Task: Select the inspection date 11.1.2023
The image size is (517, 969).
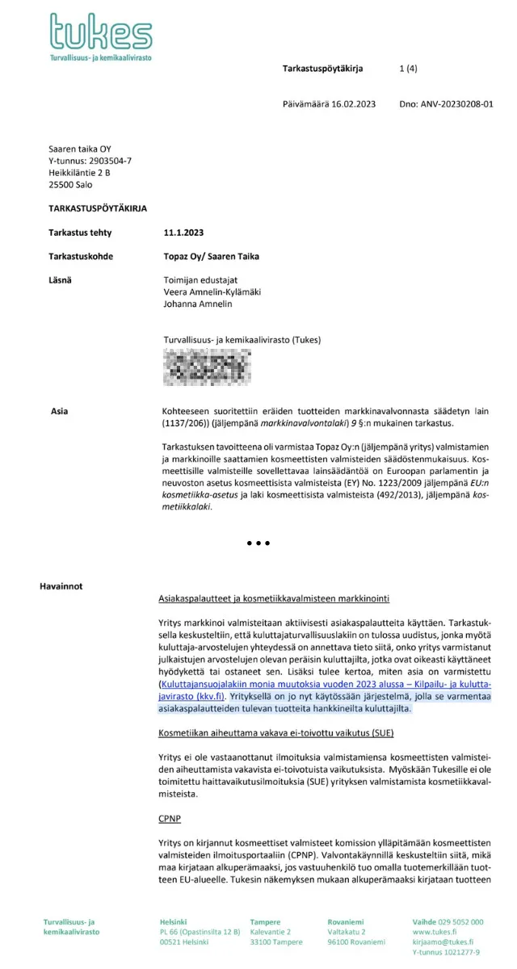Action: tap(183, 233)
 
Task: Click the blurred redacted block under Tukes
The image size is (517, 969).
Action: tap(201, 367)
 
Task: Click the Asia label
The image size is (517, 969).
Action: tap(59, 411)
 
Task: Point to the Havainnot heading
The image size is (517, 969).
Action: tap(61, 585)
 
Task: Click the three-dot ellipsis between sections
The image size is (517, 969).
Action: tap(258, 543)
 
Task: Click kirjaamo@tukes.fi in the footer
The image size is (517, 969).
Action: tap(443, 942)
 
